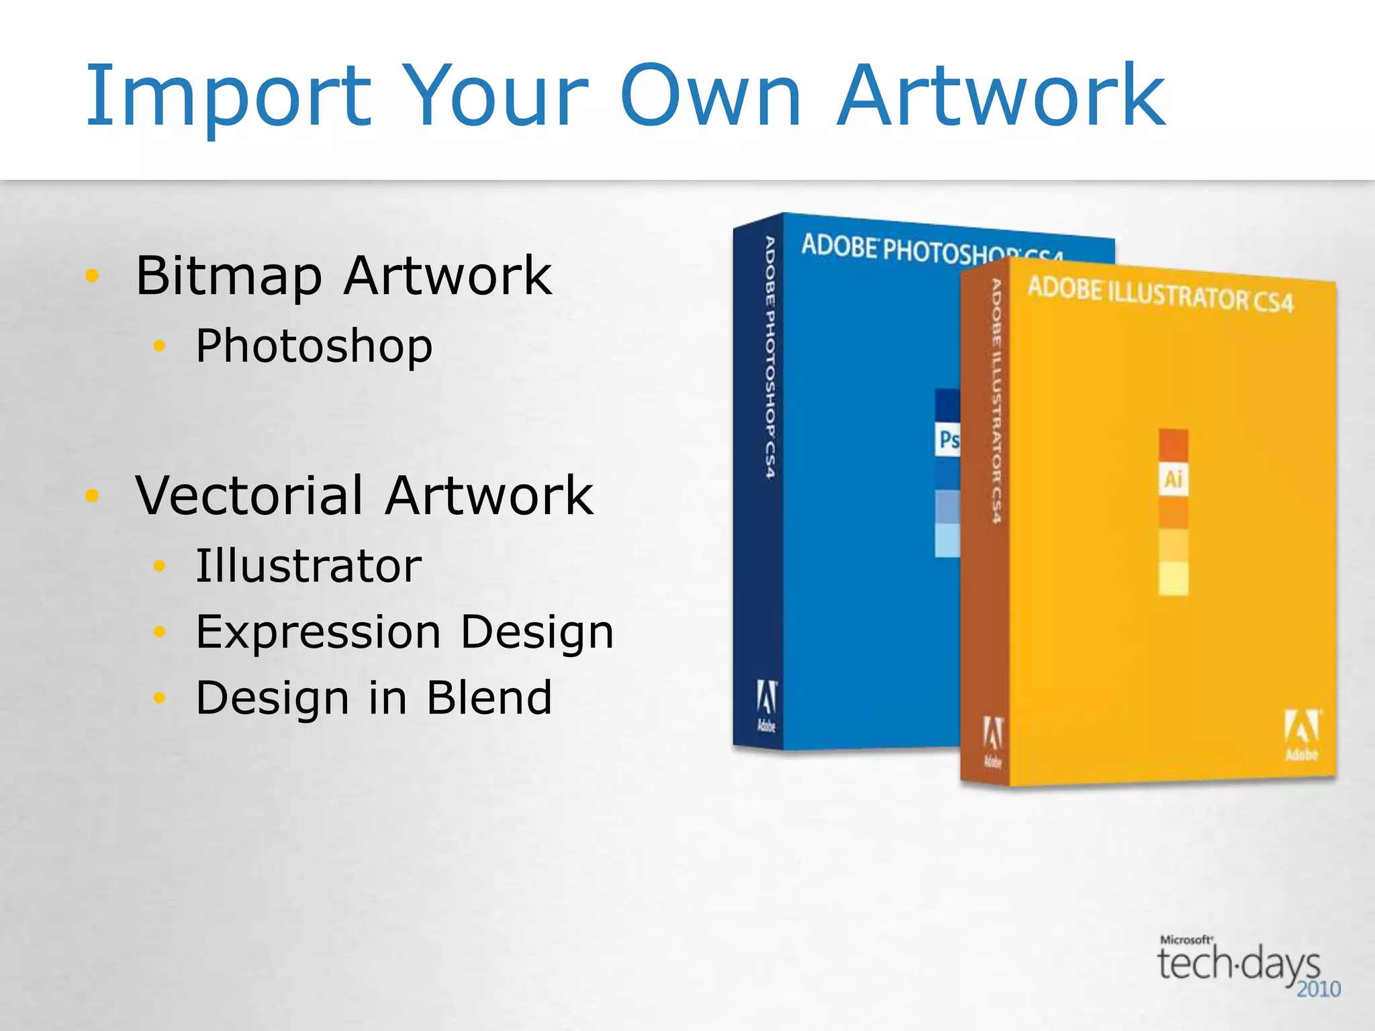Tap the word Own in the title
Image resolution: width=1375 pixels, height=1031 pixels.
(x=710, y=95)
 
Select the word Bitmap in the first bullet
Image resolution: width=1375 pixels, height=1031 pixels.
(x=229, y=276)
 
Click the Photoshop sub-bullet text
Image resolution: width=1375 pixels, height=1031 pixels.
(x=314, y=346)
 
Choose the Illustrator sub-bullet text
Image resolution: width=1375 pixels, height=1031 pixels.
(x=308, y=566)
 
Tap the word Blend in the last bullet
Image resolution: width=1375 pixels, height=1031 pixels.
(x=489, y=697)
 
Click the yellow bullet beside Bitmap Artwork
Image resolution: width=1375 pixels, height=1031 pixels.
(x=93, y=275)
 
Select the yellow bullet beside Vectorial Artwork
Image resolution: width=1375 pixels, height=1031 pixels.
(x=93, y=495)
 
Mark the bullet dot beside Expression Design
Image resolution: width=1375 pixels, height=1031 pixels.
(x=159, y=632)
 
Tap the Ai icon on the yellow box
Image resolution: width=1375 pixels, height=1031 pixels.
(x=1173, y=479)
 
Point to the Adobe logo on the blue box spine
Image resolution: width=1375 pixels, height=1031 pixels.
(x=766, y=705)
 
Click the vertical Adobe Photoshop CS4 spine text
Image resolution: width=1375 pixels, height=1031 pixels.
(x=770, y=357)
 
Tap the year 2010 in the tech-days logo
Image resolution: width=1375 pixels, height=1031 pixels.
(x=1318, y=989)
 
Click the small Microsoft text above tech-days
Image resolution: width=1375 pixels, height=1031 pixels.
(x=1186, y=940)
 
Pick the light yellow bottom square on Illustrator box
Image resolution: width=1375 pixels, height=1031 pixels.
(x=1173, y=578)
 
